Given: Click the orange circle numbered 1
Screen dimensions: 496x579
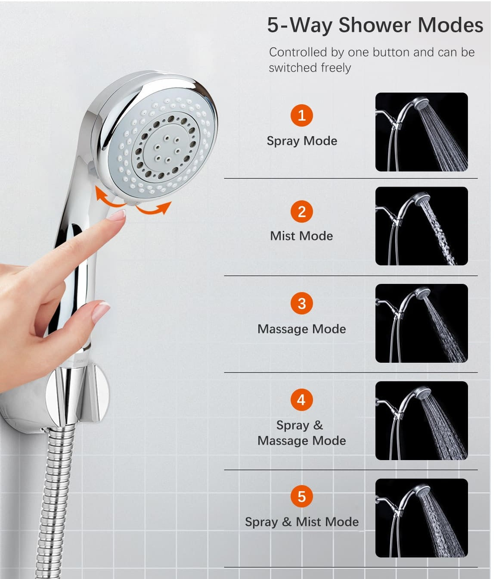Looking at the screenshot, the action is pos(301,115).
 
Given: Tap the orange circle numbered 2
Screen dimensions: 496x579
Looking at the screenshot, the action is pos(301,212).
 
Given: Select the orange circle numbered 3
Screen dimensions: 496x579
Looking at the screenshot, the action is pos(301,303).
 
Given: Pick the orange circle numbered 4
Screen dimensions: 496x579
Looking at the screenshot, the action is pos(301,400).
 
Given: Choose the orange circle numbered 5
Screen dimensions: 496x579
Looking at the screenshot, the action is pos(301,496).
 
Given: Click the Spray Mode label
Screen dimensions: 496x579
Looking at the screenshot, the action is pos(302,141).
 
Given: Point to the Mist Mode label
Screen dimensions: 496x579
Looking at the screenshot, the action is pos(301,236).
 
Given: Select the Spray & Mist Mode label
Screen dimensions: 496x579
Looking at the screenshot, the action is pos(302,522).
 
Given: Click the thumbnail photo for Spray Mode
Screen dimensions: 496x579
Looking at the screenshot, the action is pos(421,132).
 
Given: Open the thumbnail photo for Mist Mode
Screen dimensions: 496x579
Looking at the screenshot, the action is pos(421,226).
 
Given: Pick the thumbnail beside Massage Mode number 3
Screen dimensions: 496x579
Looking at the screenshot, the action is pos(421,323).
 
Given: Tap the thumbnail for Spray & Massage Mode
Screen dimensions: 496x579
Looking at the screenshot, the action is pos(421,421).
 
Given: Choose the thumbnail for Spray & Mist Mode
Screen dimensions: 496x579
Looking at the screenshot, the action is pos(421,518).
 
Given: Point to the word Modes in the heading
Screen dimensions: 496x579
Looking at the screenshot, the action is pos(450,25).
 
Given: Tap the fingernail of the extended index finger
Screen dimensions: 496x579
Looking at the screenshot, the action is pos(118,215).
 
